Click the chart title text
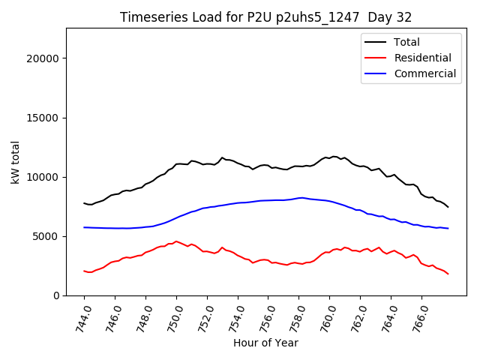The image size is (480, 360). click(x=265, y=17)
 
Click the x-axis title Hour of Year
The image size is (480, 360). click(x=265, y=343)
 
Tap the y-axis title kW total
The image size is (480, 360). click(x=16, y=162)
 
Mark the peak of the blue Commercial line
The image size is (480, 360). click(x=301, y=198)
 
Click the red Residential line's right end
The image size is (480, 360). click(x=448, y=274)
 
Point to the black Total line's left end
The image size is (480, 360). click(x=84, y=203)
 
